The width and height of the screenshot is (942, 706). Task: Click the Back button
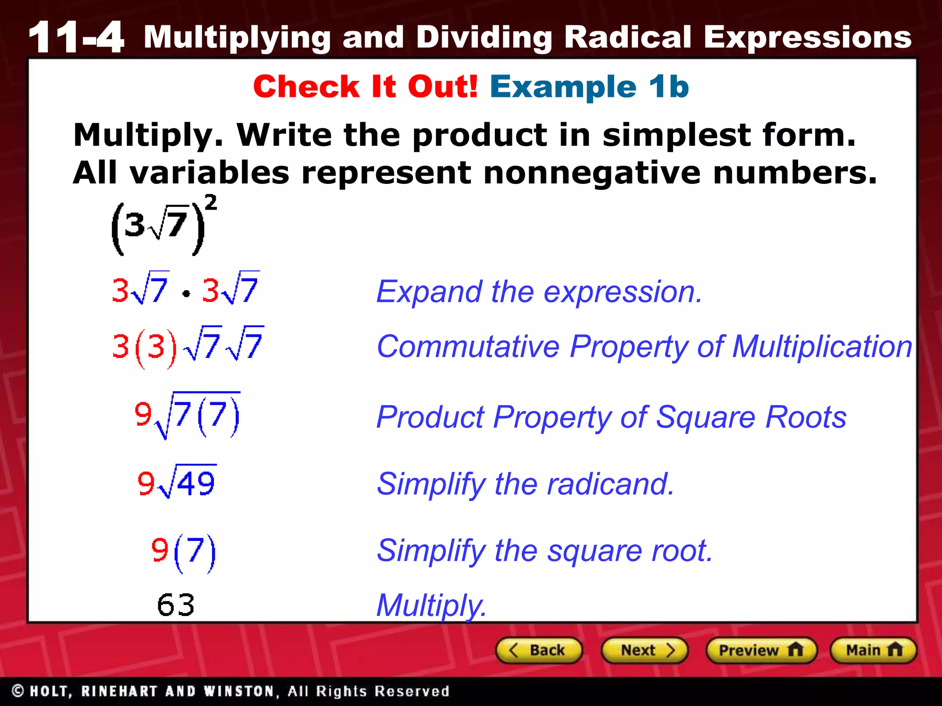coord(539,650)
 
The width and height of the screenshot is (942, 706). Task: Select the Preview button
coord(761,650)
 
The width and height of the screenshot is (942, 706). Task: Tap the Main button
coord(873,650)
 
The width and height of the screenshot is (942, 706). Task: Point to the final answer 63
coord(176,605)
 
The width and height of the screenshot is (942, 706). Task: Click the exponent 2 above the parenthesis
coord(211,203)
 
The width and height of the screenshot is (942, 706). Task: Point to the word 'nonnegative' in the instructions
coord(592,173)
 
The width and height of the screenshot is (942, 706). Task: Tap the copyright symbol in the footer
coord(18,691)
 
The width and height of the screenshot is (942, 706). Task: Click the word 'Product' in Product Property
coord(430,417)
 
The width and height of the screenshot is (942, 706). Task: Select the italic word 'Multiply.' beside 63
coord(431,606)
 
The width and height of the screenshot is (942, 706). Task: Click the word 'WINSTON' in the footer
coord(240,691)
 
